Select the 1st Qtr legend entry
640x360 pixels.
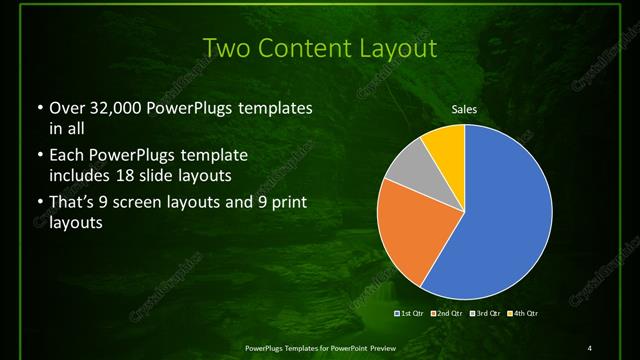click(x=410, y=313)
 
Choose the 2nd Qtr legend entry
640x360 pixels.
click(x=446, y=313)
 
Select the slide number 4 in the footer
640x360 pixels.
click(x=590, y=347)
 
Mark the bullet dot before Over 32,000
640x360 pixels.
click(x=38, y=108)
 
